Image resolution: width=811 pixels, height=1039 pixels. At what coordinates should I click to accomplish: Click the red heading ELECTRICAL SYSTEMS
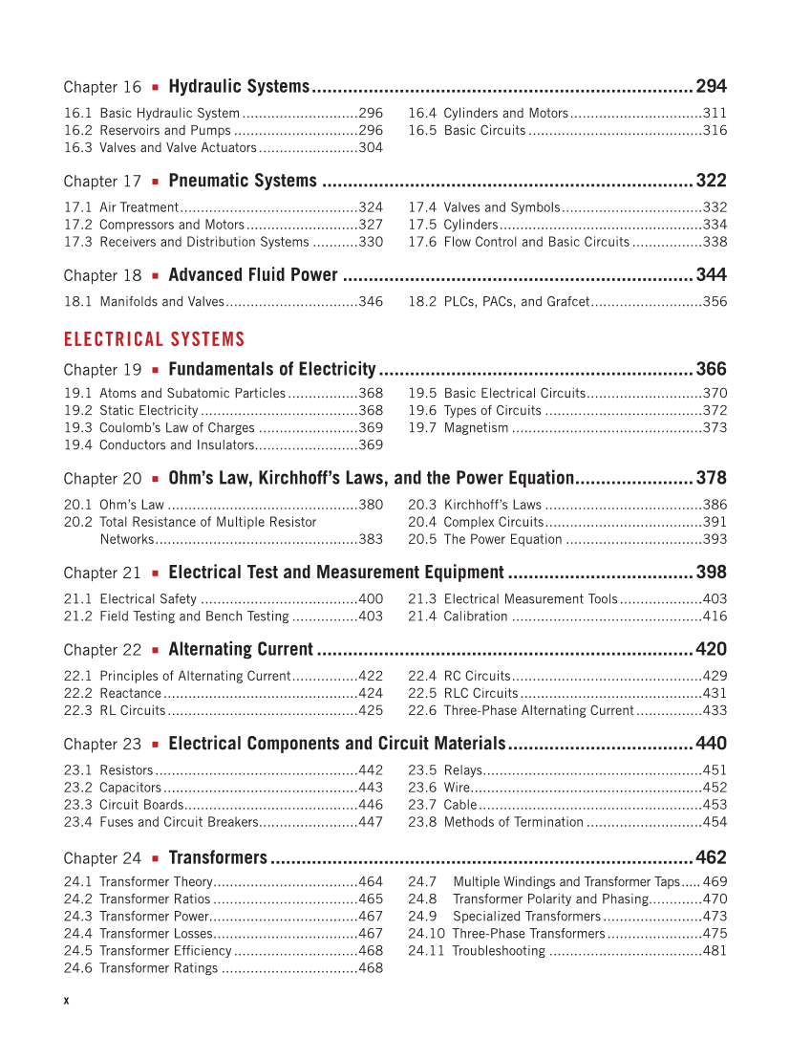(x=154, y=339)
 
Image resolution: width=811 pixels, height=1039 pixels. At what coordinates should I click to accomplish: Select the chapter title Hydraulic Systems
(x=239, y=87)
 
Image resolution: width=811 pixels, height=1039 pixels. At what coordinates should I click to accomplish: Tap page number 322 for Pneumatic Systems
(x=711, y=181)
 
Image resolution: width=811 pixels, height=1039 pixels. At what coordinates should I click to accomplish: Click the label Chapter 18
(x=102, y=275)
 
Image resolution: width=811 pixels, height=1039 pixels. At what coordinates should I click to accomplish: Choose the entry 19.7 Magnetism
(x=476, y=427)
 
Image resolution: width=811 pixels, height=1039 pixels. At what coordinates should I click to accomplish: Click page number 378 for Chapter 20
(x=711, y=478)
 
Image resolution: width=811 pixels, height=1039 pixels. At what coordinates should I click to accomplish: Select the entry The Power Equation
(x=502, y=539)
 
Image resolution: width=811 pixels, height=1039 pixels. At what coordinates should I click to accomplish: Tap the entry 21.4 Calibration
(x=475, y=617)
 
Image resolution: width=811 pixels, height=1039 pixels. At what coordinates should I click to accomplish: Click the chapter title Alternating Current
(x=241, y=650)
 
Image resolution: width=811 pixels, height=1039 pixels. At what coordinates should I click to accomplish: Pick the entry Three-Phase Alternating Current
(x=538, y=710)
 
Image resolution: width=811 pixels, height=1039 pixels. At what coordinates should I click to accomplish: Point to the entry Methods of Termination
(x=513, y=822)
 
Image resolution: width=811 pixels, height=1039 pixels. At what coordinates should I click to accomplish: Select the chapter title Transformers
(x=218, y=857)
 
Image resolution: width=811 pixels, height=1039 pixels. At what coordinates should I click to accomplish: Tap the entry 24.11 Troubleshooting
(x=498, y=951)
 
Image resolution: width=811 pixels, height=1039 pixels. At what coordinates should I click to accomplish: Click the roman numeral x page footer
(x=66, y=1000)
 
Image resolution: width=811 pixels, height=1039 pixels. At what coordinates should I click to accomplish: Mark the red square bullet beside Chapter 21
(x=155, y=574)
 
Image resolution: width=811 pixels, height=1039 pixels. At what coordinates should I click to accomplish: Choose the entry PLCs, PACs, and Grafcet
(x=516, y=301)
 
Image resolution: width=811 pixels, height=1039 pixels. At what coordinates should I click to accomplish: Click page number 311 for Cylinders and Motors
(x=715, y=113)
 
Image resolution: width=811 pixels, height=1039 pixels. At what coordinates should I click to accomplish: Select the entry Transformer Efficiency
(x=165, y=951)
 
